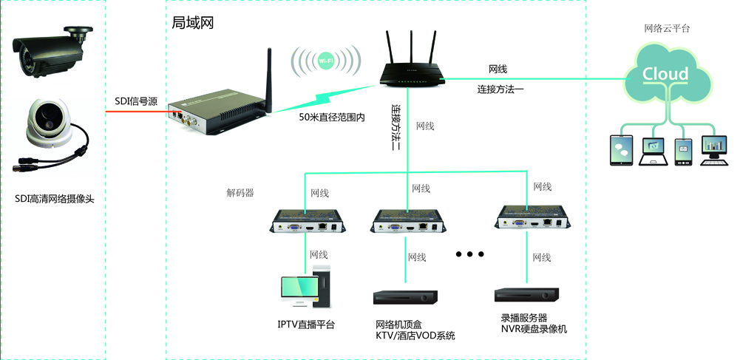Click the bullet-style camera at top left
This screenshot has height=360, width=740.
pos(51,51)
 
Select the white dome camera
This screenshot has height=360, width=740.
pos(50,123)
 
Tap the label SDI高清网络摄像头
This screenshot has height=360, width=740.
pos(55,199)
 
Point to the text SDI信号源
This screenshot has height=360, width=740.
pos(136,101)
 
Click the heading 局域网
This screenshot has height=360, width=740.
pos(192,22)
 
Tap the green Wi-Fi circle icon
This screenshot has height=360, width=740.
pos(326,61)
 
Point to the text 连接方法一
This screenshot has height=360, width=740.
pos(500,89)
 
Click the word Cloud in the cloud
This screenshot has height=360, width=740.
pos(665,74)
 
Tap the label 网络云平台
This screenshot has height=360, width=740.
pos(667,28)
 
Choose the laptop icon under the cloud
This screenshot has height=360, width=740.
pos(654,152)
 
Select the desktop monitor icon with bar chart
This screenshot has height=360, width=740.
pos(714,151)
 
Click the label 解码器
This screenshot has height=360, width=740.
pos(240,193)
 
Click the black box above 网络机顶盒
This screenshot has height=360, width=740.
pos(405,297)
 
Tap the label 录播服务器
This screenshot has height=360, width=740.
pos(524,318)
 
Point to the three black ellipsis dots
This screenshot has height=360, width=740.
pos(469,254)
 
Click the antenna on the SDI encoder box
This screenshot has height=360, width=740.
pos(269,81)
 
